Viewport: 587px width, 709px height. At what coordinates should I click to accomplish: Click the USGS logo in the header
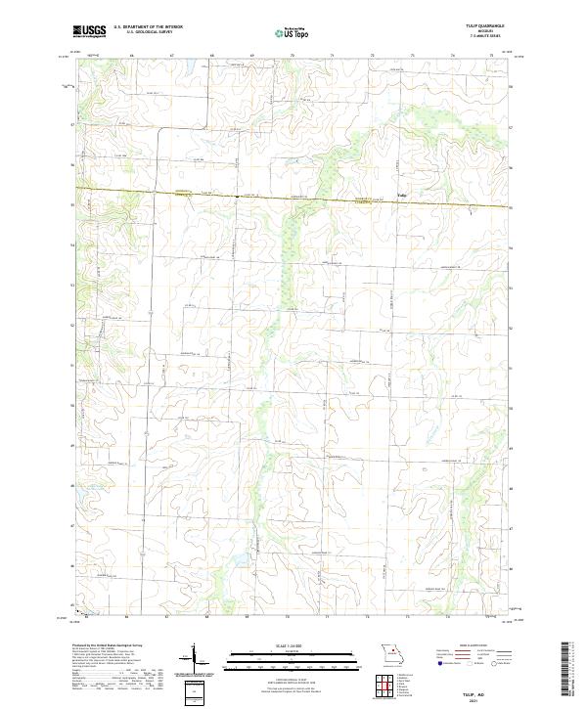[89, 32]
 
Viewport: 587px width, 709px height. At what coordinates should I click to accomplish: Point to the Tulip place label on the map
[401, 193]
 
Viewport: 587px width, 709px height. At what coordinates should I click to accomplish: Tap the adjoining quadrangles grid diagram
[391, 686]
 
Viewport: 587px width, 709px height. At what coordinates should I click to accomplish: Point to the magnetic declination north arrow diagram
[194, 655]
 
